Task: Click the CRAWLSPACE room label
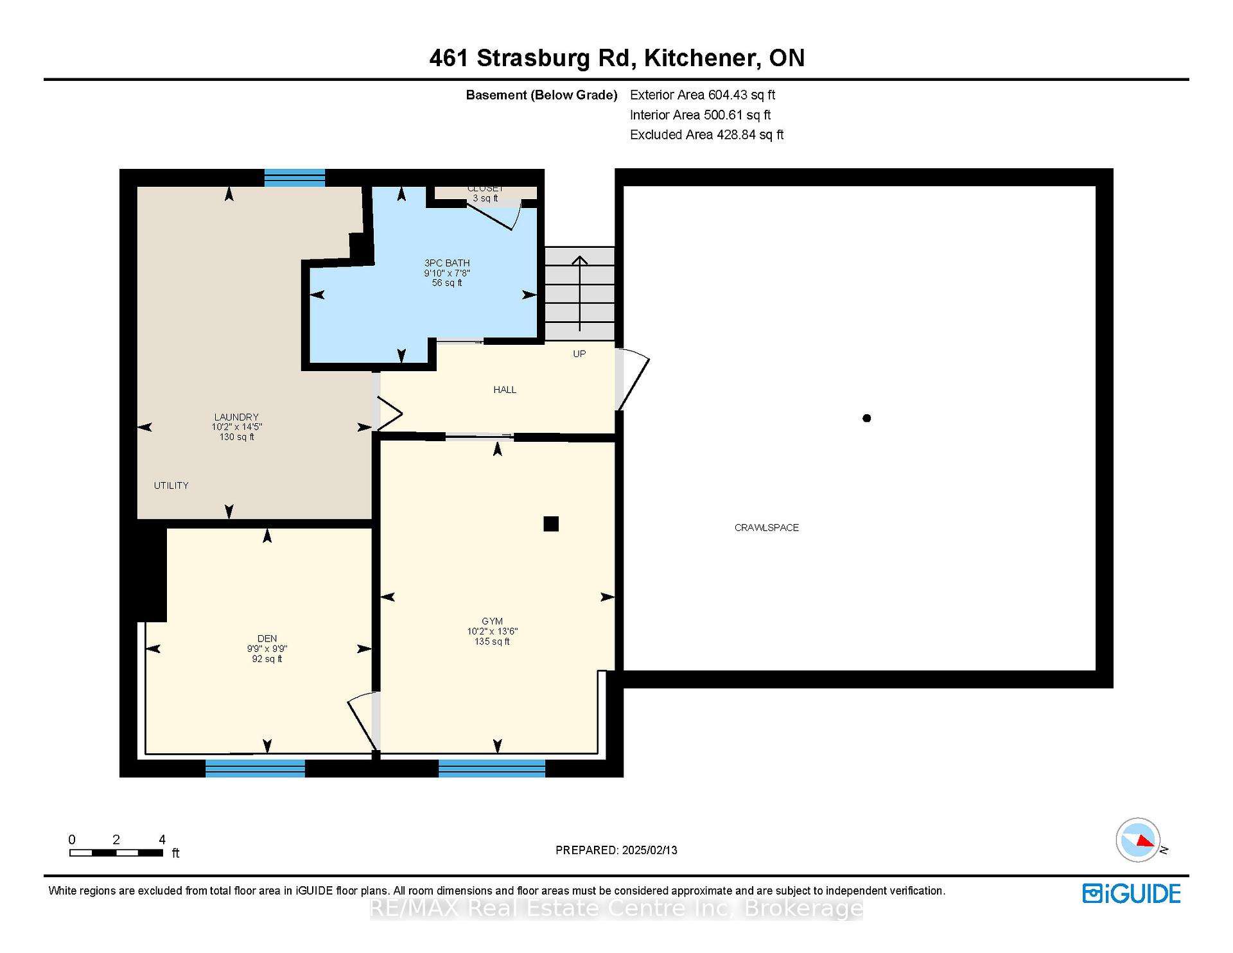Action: click(767, 528)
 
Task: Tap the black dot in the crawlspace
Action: click(867, 418)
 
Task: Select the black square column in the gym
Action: click(551, 524)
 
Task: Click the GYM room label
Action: click(493, 621)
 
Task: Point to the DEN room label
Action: click(267, 638)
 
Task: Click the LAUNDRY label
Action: click(236, 417)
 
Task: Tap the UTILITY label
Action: click(171, 485)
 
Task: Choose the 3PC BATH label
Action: click(447, 263)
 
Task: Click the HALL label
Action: click(505, 390)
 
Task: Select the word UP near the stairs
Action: click(579, 354)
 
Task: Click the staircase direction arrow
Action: click(580, 293)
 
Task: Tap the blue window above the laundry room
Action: click(295, 178)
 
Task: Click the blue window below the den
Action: click(255, 768)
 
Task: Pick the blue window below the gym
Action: click(492, 768)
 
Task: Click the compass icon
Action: click(1138, 840)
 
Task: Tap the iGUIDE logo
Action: click(1132, 894)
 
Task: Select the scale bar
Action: click(116, 853)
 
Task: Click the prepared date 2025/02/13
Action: click(650, 850)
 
